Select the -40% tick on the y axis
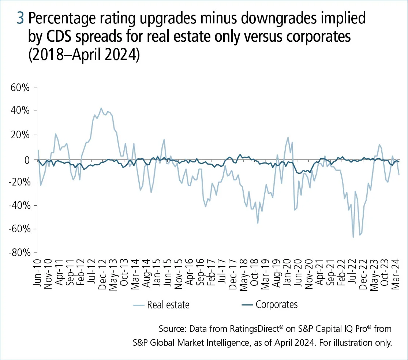[x=21, y=206]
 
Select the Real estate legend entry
[x=168, y=304]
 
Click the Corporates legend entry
[x=276, y=304]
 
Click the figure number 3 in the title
[x=20, y=19]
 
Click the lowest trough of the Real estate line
[x=353, y=237]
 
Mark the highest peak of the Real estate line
[x=101, y=108]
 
